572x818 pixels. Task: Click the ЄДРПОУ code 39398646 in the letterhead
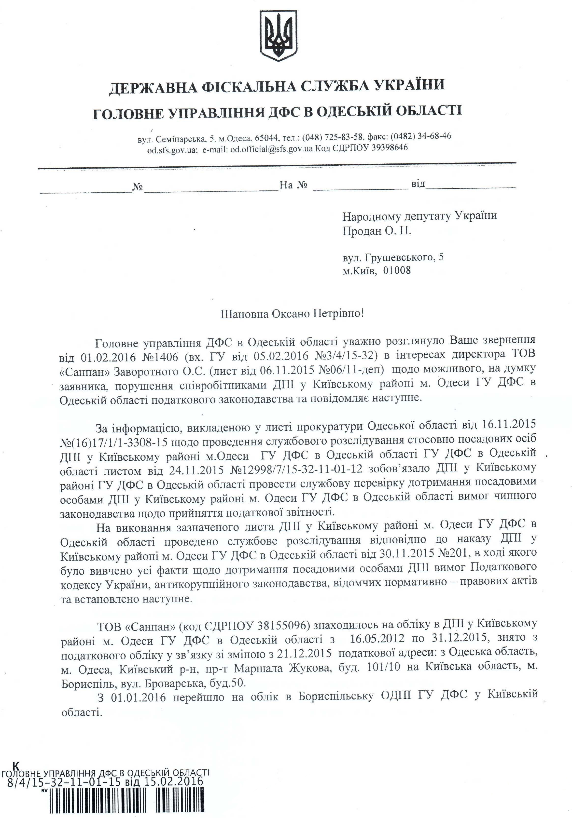tap(390, 148)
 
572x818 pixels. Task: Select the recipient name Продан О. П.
tap(377, 231)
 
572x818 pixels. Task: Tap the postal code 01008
tap(397, 270)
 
